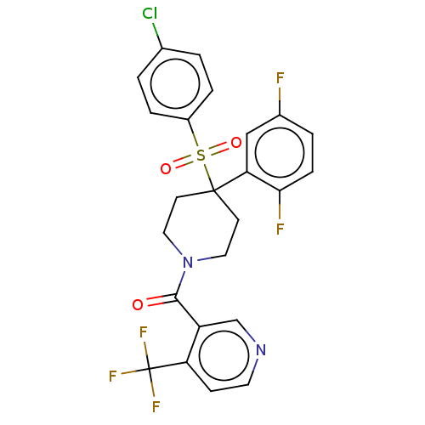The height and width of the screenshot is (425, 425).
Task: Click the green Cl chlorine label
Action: (150, 14)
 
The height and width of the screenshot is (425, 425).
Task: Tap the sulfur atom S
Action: (201, 155)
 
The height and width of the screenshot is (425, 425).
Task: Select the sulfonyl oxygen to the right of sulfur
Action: (236, 143)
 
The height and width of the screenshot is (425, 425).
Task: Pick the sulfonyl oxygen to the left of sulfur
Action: (166, 168)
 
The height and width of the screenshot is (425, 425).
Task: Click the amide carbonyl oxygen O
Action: (138, 304)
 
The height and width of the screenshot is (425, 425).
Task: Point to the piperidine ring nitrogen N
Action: (188, 262)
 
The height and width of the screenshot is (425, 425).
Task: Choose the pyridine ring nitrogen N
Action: (261, 349)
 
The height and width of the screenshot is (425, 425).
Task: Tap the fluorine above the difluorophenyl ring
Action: (280, 78)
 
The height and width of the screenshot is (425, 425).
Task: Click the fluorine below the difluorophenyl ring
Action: (280, 229)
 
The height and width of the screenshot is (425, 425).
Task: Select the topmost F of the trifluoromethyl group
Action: (144, 332)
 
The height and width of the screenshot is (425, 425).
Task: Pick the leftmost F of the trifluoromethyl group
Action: (113, 376)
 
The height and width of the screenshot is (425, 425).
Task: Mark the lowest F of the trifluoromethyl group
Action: (156, 406)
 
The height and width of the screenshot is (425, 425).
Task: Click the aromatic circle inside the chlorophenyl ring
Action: (175, 84)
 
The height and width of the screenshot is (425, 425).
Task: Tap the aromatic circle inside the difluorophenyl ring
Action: (280, 153)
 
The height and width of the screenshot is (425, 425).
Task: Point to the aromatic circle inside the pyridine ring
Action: (224, 355)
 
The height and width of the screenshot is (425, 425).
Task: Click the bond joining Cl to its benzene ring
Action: (157, 36)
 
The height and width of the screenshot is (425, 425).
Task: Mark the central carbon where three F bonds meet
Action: (149, 369)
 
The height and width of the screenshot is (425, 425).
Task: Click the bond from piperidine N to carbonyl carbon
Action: (180, 284)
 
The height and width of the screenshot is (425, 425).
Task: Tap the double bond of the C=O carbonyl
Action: (161, 300)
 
